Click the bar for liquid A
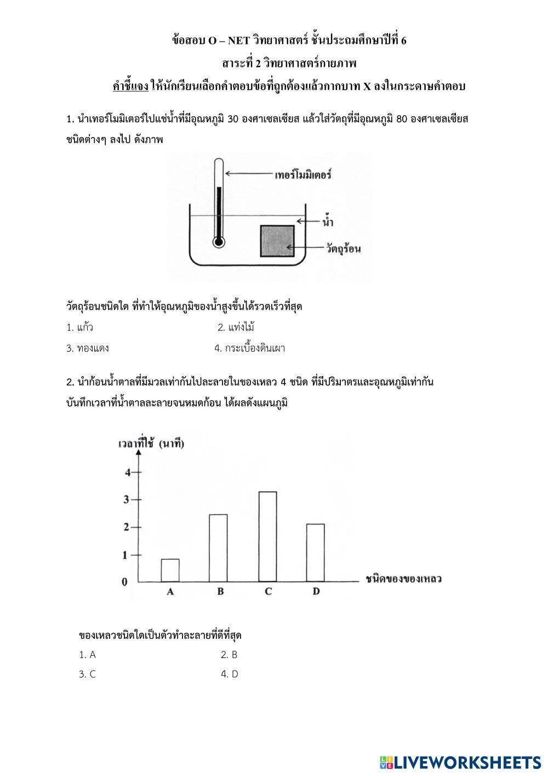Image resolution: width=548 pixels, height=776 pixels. pyautogui.click(x=170, y=570)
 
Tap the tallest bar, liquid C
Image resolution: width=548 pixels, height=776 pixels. pyautogui.click(x=267, y=536)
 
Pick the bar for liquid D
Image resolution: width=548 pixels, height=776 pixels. pyautogui.click(x=315, y=553)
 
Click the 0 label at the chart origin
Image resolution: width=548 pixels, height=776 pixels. pyautogui.click(x=125, y=582)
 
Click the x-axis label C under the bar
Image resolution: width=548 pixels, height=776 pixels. pyautogui.click(x=268, y=592)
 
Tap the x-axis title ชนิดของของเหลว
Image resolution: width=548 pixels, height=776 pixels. pyautogui.click(x=404, y=579)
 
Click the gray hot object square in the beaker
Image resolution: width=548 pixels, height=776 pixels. pyautogui.click(x=277, y=241)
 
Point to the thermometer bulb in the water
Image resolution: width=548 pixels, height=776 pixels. pyautogui.click(x=219, y=241)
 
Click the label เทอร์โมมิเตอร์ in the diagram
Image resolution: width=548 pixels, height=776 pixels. pyautogui.click(x=303, y=175)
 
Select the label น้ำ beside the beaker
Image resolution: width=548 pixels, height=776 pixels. pyautogui.click(x=328, y=222)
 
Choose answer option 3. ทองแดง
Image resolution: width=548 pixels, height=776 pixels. pyautogui.click(x=88, y=348)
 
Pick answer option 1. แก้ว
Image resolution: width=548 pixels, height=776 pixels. pyautogui.click(x=80, y=328)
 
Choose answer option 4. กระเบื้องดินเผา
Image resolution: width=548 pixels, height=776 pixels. pyautogui.click(x=250, y=348)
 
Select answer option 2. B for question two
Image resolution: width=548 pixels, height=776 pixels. pyautogui.click(x=229, y=654)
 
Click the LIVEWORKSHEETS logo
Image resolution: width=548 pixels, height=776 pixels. pyautogui.click(x=460, y=762)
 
